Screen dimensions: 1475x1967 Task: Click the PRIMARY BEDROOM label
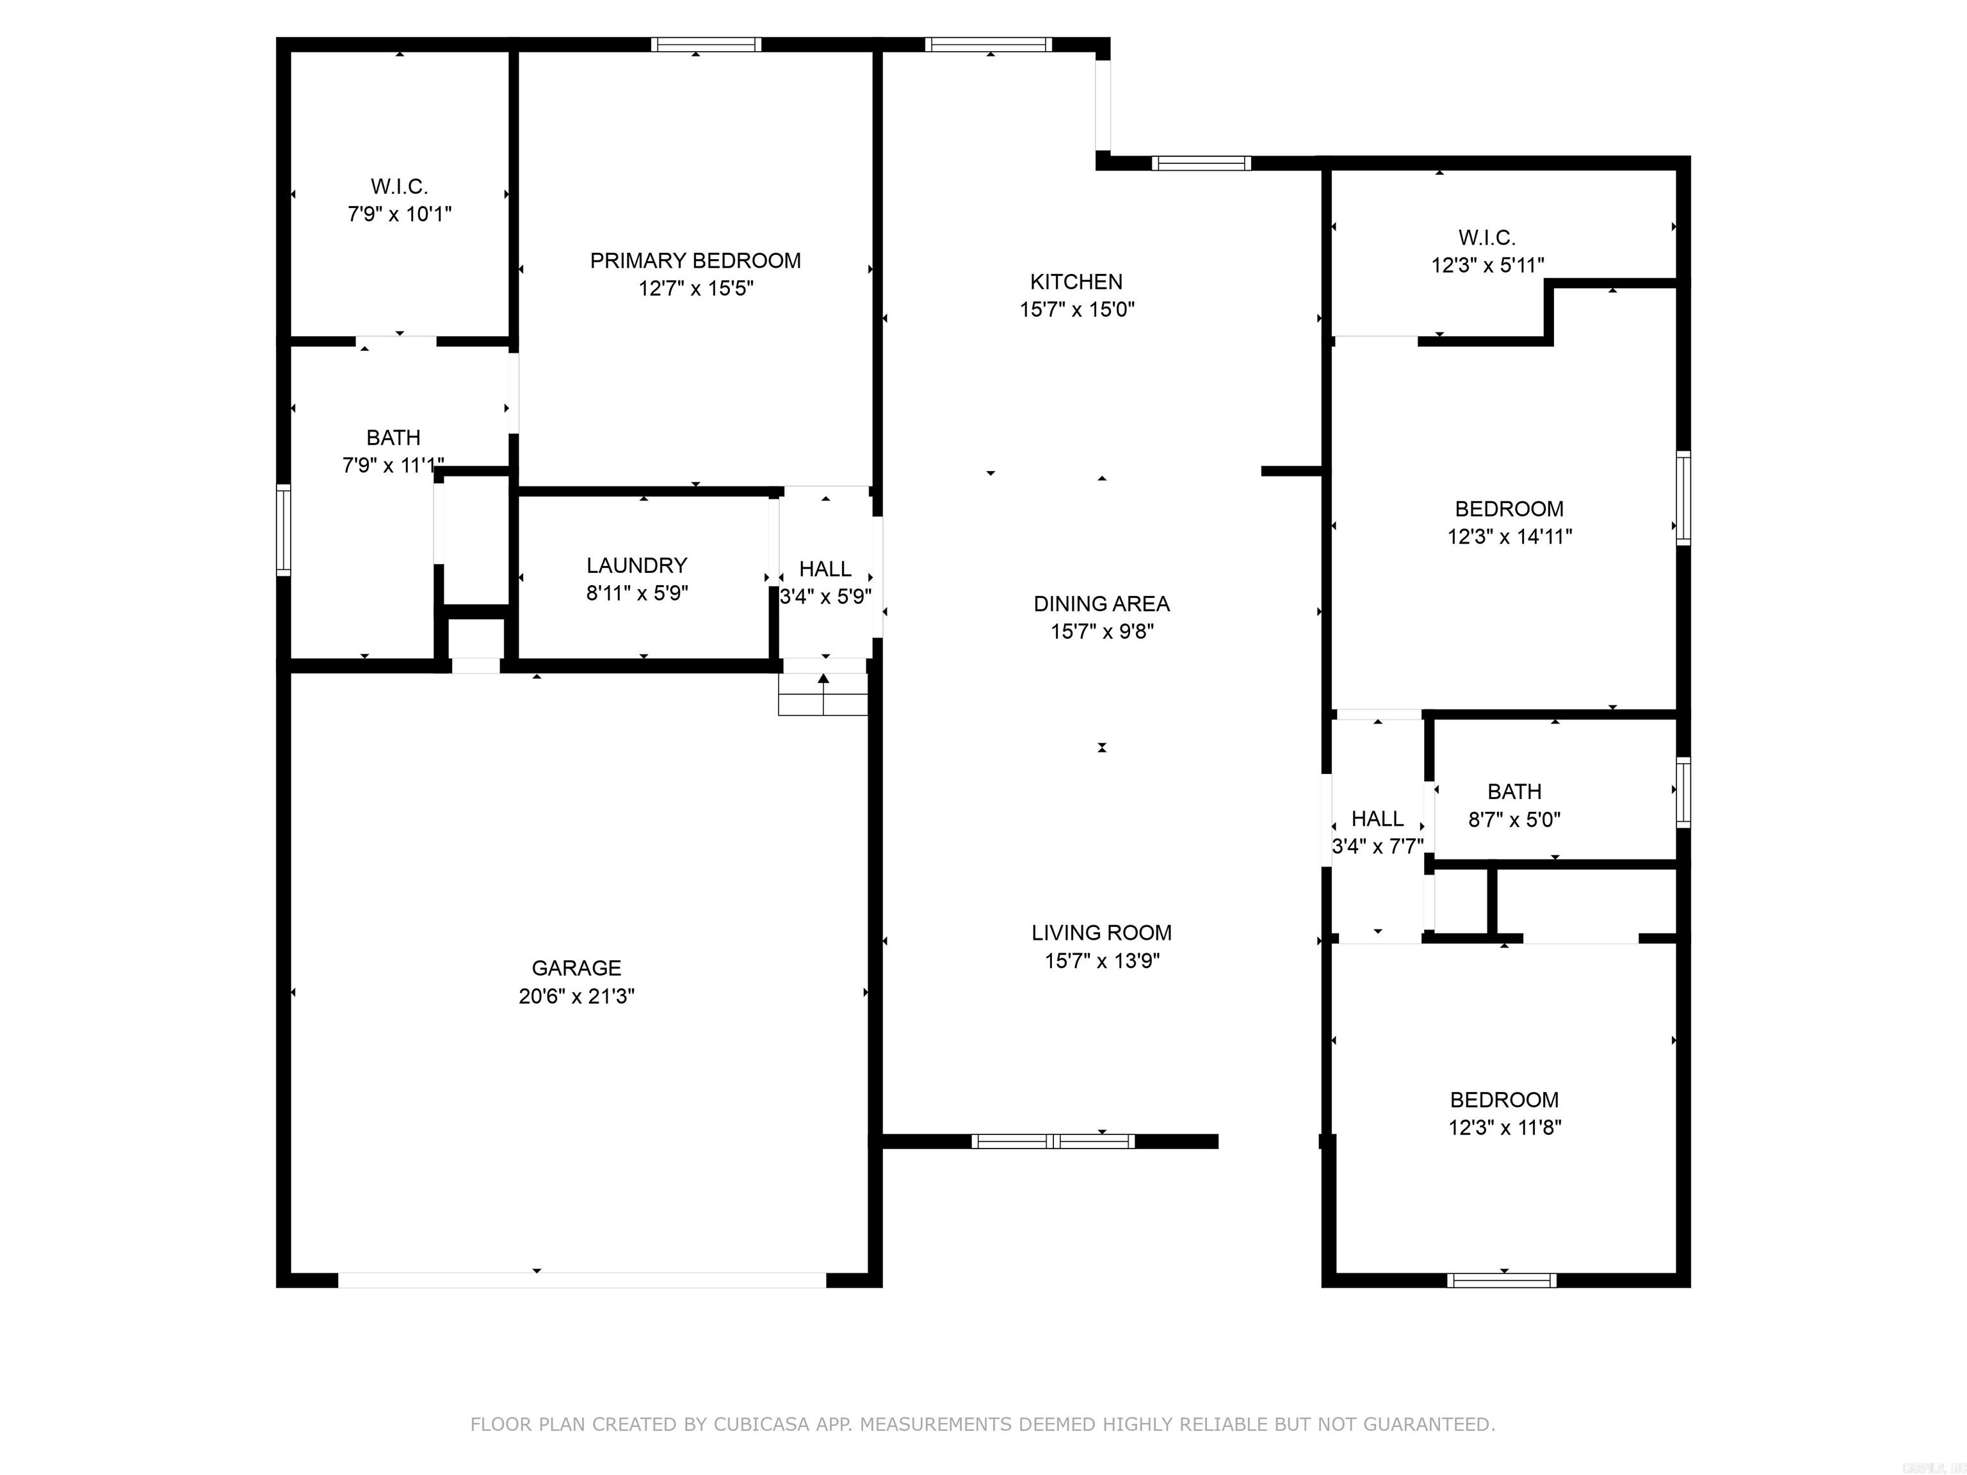pos(695,261)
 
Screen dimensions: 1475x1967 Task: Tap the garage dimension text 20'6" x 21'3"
pos(576,995)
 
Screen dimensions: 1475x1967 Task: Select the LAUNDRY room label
pos(636,565)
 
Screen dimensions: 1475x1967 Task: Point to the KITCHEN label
pos(1076,282)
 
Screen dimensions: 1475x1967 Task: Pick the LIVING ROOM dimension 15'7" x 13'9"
pos(1102,960)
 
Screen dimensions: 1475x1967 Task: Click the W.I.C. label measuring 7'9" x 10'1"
pos(400,187)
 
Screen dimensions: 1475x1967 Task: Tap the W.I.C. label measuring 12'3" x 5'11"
pos(1487,238)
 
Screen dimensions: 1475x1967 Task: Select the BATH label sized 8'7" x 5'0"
pos(1514,791)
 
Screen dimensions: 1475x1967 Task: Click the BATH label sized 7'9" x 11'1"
pos(393,437)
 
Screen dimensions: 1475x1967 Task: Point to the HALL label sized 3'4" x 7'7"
pos(1377,819)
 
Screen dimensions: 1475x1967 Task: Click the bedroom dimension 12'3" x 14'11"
pos(1509,536)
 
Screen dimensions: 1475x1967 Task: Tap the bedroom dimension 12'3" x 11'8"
pos(1505,1127)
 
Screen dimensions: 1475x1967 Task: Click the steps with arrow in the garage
pos(823,695)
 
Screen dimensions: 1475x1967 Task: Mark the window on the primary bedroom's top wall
pos(706,44)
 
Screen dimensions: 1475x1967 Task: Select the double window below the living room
pos(1053,1141)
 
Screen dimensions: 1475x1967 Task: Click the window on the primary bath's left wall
pos(284,530)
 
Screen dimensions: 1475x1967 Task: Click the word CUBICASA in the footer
pos(761,1424)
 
